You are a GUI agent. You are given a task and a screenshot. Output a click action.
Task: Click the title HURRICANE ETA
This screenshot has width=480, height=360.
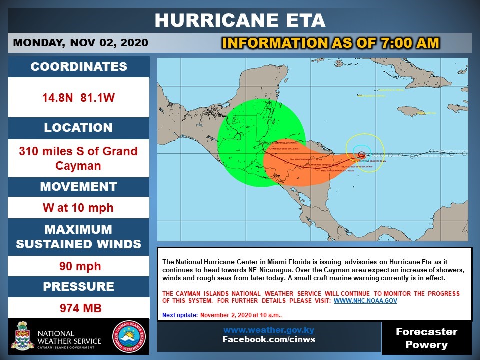click(x=240, y=20)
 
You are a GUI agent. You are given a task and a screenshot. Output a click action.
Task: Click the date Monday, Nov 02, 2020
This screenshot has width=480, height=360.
click(x=80, y=43)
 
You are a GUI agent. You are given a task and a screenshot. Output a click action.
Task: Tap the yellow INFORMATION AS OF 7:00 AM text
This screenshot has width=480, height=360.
click(x=330, y=43)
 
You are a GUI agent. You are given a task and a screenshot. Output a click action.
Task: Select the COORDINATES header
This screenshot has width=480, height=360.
click(x=79, y=67)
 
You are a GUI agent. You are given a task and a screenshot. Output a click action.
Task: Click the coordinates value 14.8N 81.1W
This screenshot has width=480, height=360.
click(x=79, y=98)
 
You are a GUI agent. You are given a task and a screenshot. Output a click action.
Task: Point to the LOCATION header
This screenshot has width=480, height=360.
click(x=79, y=128)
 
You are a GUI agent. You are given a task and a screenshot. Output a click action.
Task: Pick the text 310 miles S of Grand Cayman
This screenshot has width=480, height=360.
click(x=79, y=158)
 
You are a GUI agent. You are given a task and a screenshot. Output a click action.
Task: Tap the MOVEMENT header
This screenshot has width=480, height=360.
click(x=79, y=187)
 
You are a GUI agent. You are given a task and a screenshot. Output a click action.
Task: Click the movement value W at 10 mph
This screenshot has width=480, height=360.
click(x=79, y=207)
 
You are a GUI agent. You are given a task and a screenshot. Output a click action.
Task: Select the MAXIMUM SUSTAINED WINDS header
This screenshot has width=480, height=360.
click(x=79, y=237)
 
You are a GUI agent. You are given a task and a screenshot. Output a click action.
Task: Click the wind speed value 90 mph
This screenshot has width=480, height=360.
click(x=79, y=266)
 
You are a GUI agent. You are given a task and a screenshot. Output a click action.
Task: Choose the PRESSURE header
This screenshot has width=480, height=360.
click(x=79, y=287)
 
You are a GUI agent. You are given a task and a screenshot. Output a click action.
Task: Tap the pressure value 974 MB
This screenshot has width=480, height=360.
click(x=79, y=308)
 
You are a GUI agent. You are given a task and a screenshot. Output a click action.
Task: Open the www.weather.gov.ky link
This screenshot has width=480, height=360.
click(x=269, y=330)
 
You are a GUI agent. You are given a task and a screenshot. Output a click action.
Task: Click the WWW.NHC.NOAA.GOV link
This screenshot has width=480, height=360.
click(x=365, y=301)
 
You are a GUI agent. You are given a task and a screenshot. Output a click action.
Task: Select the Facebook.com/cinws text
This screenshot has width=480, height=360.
click(x=269, y=340)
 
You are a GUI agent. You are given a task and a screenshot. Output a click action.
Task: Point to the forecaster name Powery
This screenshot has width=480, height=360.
click(x=426, y=345)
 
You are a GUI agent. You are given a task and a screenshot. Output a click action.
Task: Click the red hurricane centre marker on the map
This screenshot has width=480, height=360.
click(x=361, y=155)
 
